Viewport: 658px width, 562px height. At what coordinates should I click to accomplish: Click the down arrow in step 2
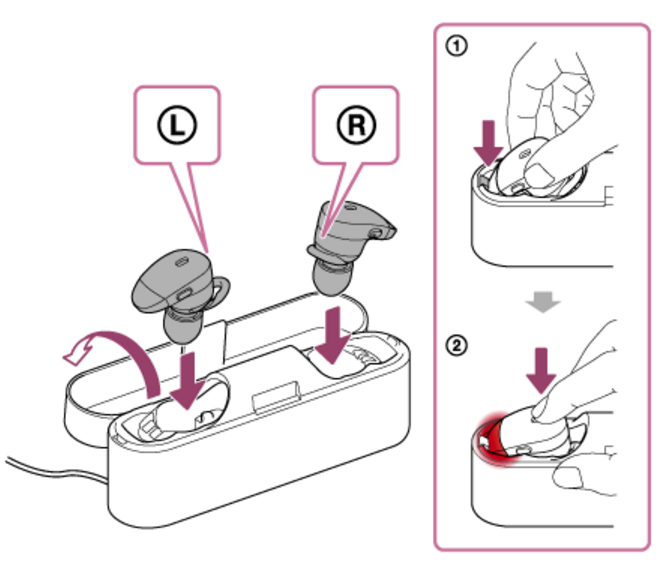pyautogui.click(x=541, y=369)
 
